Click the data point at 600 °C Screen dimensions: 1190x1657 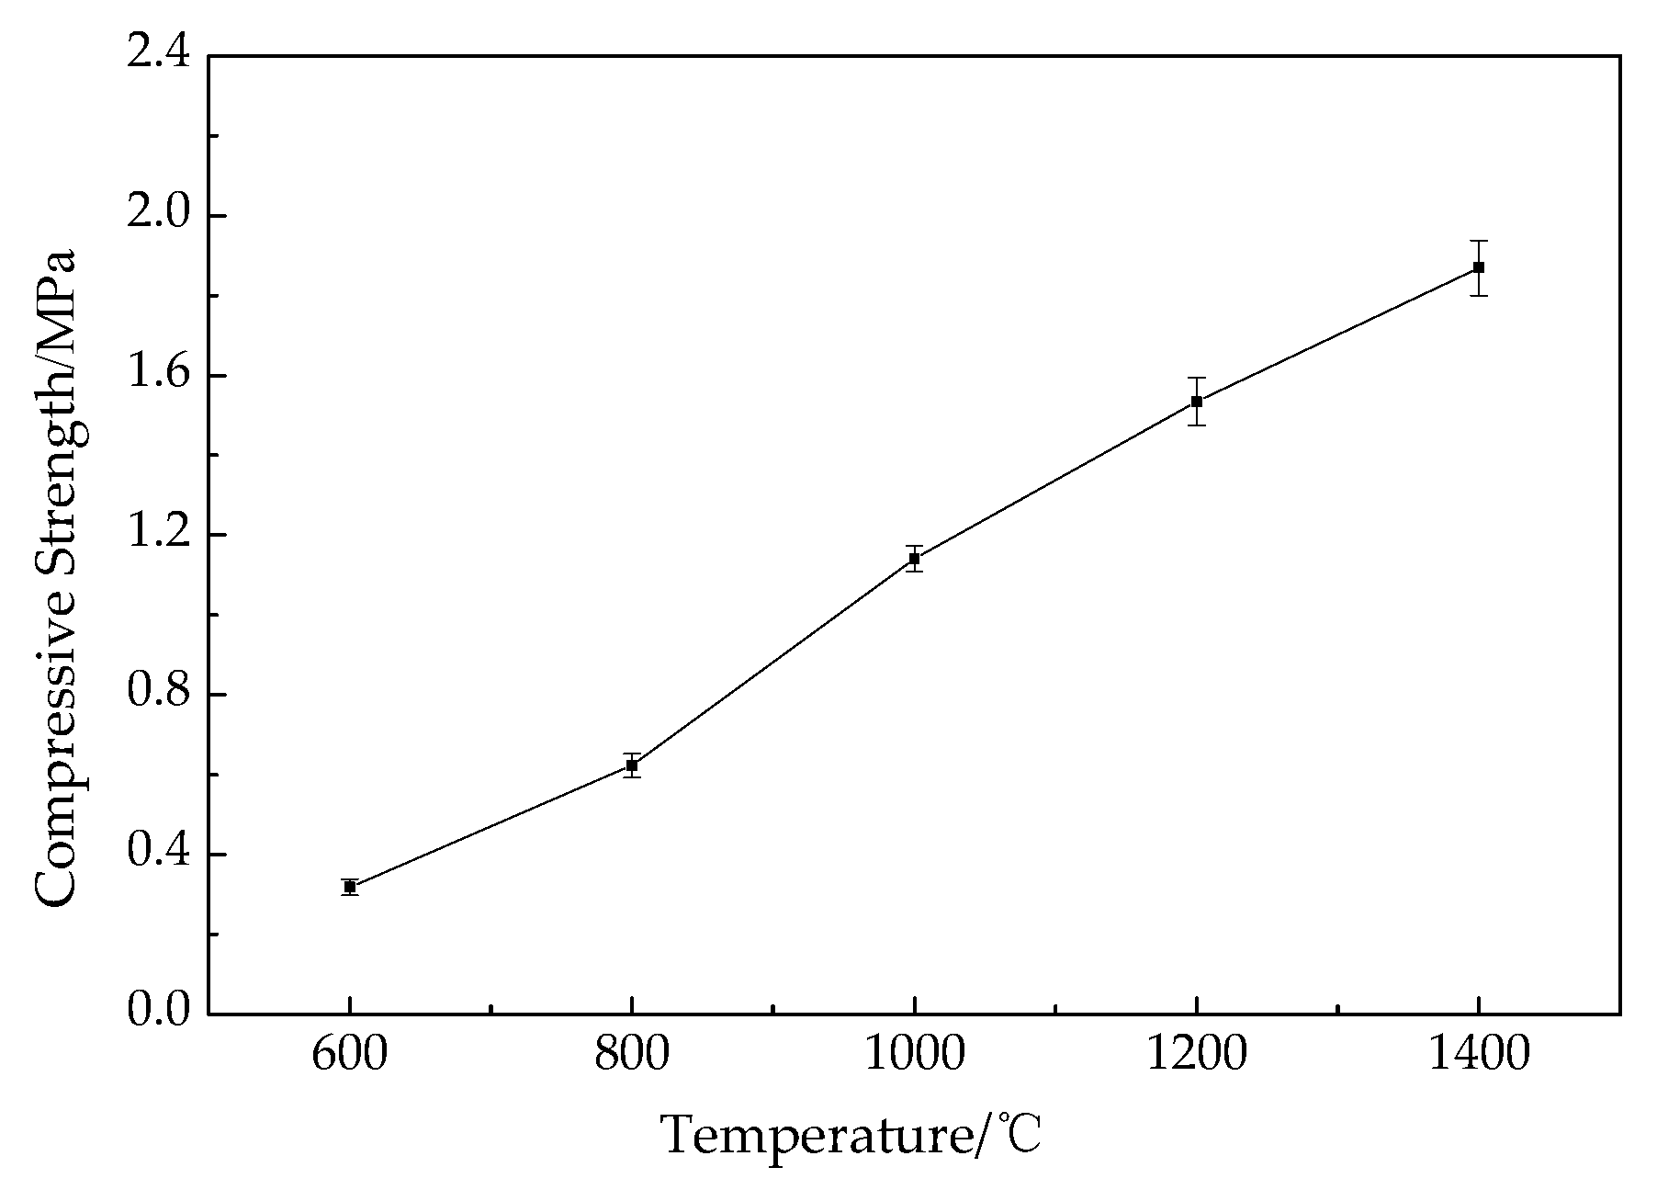point(350,887)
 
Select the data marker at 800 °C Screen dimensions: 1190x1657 point(632,765)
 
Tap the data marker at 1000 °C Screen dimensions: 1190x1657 point(914,558)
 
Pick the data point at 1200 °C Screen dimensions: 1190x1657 point(1196,401)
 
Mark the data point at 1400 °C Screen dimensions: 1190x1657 point(1478,267)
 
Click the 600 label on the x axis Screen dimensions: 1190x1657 point(349,1055)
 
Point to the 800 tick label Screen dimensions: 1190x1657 point(632,1055)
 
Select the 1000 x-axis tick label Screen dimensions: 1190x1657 point(914,1055)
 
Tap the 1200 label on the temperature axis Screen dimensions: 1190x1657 point(1196,1055)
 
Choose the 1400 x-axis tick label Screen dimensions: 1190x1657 point(1478,1055)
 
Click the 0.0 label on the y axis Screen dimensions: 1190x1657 point(157,1012)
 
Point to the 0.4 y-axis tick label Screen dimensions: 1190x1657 point(157,854)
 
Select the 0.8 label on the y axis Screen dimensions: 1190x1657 point(157,694)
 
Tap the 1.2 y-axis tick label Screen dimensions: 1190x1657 point(157,535)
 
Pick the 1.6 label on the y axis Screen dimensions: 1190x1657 point(157,376)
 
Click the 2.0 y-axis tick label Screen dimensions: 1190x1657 point(157,216)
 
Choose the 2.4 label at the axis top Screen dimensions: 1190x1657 point(157,55)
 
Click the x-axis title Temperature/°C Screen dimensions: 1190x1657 point(851,1136)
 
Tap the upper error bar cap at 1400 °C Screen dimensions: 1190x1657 point(1478,241)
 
